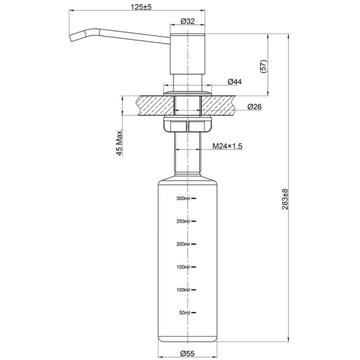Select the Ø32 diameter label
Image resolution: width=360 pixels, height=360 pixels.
188,22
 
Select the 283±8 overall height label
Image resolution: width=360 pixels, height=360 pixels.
285,199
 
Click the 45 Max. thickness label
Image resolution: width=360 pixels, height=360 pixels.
119,142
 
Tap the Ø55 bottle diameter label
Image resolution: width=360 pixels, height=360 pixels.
188,353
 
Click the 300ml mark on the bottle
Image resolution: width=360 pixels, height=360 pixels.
182,198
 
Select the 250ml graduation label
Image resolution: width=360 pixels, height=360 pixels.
182,221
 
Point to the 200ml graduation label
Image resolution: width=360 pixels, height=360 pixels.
182,244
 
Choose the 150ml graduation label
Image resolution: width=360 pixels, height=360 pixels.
182,267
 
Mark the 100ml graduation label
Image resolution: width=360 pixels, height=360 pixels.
182,290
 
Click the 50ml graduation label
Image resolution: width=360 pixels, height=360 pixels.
184,313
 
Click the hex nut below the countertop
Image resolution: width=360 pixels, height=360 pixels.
188,126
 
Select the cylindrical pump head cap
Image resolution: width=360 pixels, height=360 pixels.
188,51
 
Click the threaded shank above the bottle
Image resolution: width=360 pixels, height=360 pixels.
188,153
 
